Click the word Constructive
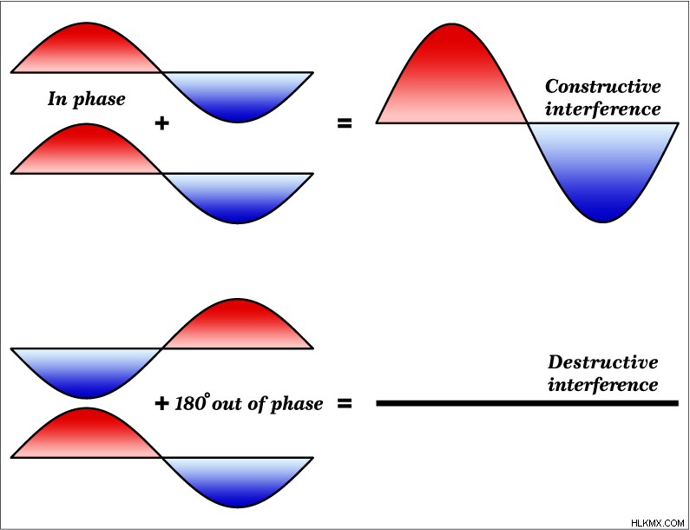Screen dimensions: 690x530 pos(603,86)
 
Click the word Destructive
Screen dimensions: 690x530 pos(603,362)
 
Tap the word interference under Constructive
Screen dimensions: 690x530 pos(603,109)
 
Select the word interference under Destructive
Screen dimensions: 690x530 pos(603,385)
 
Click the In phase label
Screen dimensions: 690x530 pos(86,99)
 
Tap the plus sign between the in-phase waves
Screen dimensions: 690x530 pos(162,123)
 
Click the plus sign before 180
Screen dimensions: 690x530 pos(162,403)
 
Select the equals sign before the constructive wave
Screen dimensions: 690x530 pos(345,123)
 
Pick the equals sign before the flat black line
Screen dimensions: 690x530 pos(345,403)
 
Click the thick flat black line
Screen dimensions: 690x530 pos(527,403)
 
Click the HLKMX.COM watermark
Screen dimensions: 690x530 pos(657,523)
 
